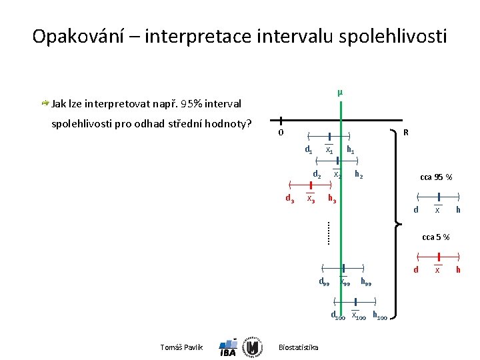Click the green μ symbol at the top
pyautogui.click(x=340, y=92)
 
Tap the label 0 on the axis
pyautogui.click(x=281, y=133)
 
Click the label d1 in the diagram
pyautogui.click(x=309, y=150)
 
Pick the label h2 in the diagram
pyautogui.click(x=359, y=175)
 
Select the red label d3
pyautogui.click(x=289, y=199)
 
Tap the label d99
pyautogui.click(x=323, y=282)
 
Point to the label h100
pyautogui.click(x=379, y=315)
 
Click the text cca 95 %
pyautogui.click(x=436, y=177)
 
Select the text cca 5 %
pyautogui.click(x=436, y=237)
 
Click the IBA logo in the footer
pyautogui.click(x=228, y=348)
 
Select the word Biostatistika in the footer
pyautogui.click(x=298, y=347)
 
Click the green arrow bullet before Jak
pyautogui.click(x=45, y=103)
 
